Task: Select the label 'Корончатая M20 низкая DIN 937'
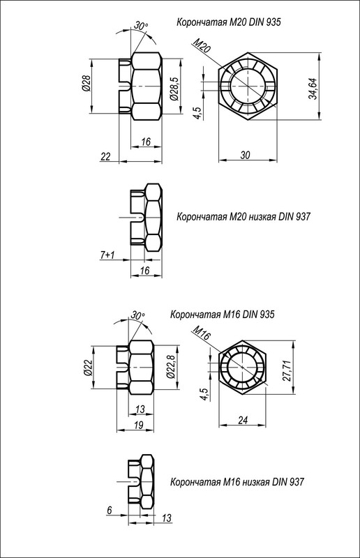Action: coord(243,217)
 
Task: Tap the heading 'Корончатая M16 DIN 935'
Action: coord(223,315)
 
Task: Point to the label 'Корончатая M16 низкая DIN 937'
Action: coord(237,481)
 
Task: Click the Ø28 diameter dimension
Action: coord(86,84)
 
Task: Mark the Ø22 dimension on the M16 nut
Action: coord(88,368)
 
